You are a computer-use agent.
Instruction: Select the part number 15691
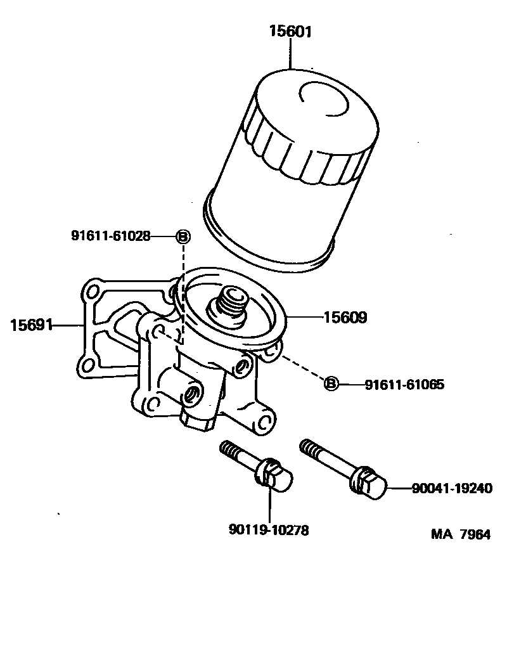pyautogui.click(x=31, y=325)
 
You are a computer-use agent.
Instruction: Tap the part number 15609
pyautogui.click(x=345, y=317)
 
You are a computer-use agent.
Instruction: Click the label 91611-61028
pyautogui.click(x=110, y=236)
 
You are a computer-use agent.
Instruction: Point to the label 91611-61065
pyautogui.click(x=404, y=384)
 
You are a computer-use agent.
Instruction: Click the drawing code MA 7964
pyautogui.click(x=461, y=534)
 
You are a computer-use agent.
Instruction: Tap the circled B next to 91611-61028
pyautogui.click(x=182, y=236)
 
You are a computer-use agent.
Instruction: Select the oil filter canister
pyautogui.click(x=292, y=165)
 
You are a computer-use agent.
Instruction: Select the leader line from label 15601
pyautogui.click(x=290, y=54)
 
